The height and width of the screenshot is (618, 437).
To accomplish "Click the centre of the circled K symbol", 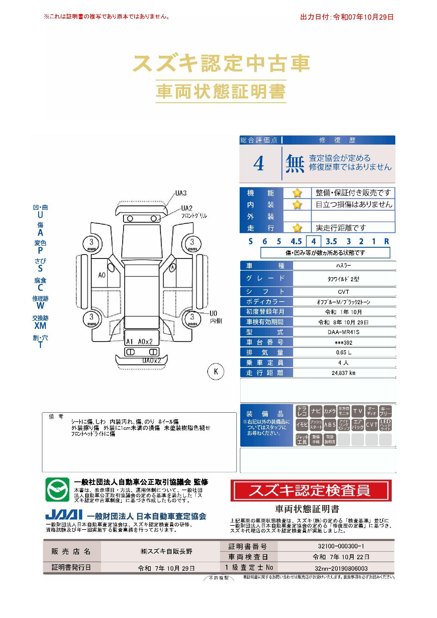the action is [x=216, y=371].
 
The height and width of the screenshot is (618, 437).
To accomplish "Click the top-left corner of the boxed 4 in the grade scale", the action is [x=306, y=236].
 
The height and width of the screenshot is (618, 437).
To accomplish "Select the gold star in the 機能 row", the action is [x=297, y=193].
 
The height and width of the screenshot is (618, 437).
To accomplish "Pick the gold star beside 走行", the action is [x=297, y=228].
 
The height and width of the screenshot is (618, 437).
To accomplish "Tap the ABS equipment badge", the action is [x=330, y=425].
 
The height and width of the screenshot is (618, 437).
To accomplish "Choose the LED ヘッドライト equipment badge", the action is [x=385, y=425].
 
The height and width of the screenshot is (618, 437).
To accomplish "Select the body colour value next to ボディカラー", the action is [x=344, y=302].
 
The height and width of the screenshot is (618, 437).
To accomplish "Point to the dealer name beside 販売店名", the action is [x=166, y=551].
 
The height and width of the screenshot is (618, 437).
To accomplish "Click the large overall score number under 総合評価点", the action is [x=258, y=164].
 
